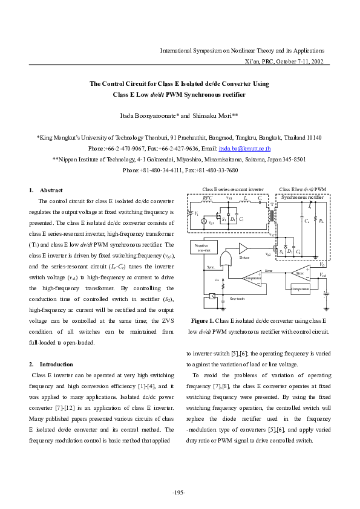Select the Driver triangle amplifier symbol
pyautogui.click(x=243, y=248)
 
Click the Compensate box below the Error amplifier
pyautogui.click(x=300, y=289)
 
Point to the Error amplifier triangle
pyautogui.click(x=301, y=273)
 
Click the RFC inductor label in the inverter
pyautogui.click(x=207, y=197)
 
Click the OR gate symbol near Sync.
pyautogui.click(x=226, y=261)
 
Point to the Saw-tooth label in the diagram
pyautogui.click(x=237, y=299)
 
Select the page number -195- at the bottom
pyautogui.click(x=180, y=493)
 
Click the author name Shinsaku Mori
pyautogui.click(x=218, y=115)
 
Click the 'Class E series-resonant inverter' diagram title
pyautogui.click(x=233, y=189)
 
